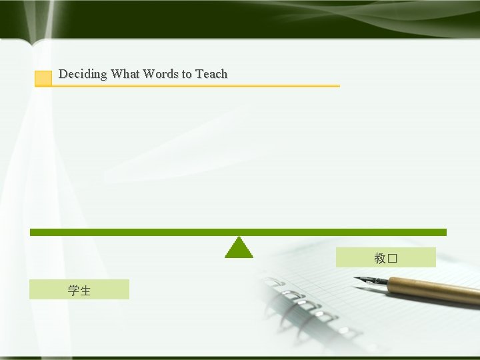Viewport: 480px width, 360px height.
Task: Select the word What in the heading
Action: tap(125, 74)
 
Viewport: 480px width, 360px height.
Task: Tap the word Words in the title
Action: tap(160, 74)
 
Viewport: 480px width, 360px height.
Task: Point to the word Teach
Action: tap(211, 74)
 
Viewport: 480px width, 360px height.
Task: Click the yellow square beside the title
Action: tap(43, 78)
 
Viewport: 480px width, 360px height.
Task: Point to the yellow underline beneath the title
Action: tap(200, 86)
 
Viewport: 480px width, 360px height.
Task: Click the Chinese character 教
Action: tap(380, 258)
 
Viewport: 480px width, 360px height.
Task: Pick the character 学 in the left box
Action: tap(73, 290)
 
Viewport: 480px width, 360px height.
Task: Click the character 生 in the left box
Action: tap(85, 290)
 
